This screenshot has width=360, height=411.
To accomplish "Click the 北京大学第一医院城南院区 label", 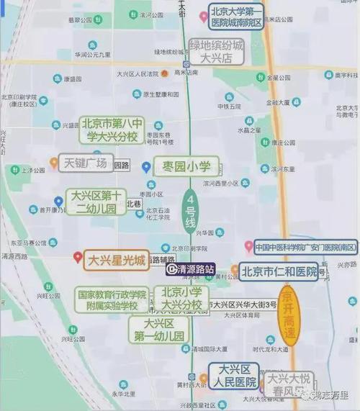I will (236, 17).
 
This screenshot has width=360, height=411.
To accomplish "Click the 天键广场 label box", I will (85, 163).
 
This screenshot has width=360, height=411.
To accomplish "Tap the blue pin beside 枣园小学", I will (146, 167).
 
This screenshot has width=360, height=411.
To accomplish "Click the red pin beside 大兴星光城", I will (78, 257).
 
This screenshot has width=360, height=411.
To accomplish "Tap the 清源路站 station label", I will (191, 270).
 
